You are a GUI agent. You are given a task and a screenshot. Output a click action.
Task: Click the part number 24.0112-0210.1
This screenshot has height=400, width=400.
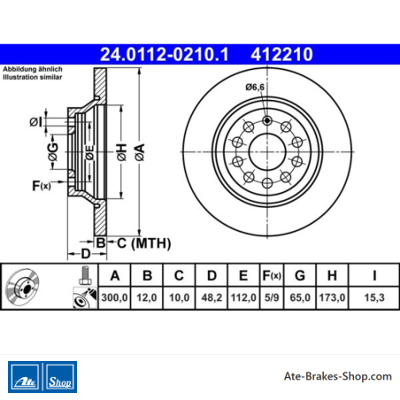(165, 54)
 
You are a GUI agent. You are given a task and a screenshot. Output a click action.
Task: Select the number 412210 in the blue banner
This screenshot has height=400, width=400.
(281, 54)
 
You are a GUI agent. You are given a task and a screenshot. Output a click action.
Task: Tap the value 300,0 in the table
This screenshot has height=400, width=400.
(114, 297)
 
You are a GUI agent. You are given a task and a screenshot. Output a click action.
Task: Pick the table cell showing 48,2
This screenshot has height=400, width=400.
(212, 297)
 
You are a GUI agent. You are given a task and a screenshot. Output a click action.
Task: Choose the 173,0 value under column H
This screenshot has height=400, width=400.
(332, 297)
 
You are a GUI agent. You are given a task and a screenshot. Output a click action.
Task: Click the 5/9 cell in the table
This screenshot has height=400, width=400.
(272, 297)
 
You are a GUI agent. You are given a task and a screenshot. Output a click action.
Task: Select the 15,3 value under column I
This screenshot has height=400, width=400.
(374, 297)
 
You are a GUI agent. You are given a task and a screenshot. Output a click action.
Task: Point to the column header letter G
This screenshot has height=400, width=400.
(300, 275)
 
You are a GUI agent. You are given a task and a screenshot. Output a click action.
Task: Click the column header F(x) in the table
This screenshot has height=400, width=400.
(272, 275)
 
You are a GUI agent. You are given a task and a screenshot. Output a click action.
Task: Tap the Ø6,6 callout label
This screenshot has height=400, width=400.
(255, 88)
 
